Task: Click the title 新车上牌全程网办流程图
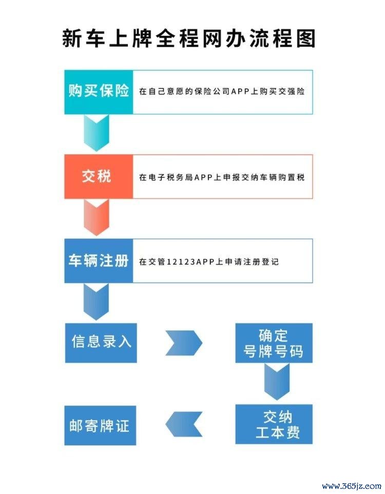(189, 39)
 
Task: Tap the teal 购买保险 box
(99, 92)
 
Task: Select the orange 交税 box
(99, 176)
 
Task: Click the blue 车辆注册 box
(99, 261)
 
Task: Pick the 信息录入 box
(101, 343)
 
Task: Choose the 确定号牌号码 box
(274, 343)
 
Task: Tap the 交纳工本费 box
(274, 424)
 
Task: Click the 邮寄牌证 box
(100, 425)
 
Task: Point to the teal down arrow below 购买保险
(97, 133)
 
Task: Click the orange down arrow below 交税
(97, 217)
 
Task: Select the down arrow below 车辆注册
(96, 302)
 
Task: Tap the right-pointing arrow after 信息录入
(184, 343)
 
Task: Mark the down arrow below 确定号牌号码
(277, 382)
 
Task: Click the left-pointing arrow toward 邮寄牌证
(184, 424)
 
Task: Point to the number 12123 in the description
(181, 262)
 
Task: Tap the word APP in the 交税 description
(203, 177)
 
